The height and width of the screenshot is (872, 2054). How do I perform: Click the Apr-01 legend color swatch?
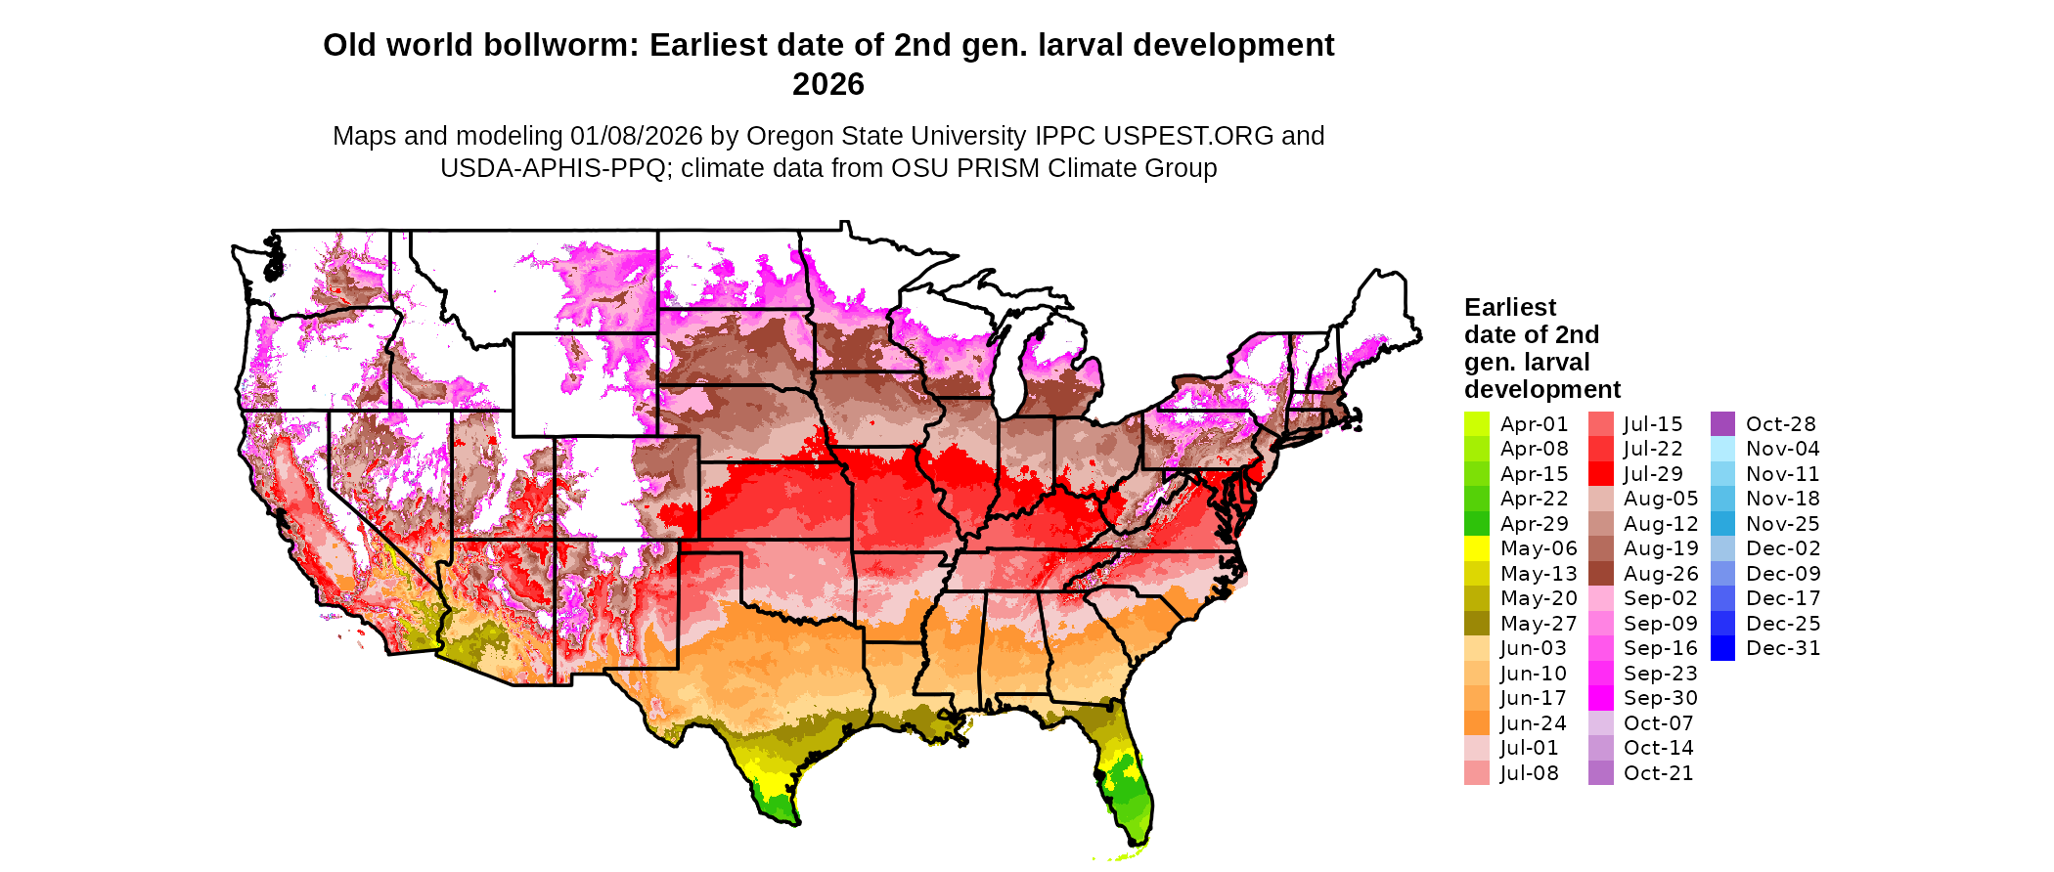pyautogui.click(x=1477, y=424)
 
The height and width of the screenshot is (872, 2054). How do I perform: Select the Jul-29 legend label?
pyautogui.click(x=1653, y=474)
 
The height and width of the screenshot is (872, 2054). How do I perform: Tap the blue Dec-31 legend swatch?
pyautogui.click(x=1722, y=648)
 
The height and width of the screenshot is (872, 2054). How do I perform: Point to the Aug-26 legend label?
pyautogui.click(x=1661, y=574)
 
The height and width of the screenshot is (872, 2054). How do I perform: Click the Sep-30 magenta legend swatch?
pyautogui.click(x=1600, y=698)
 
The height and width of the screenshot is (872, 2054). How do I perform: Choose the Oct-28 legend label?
pyautogui.click(x=1780, y=424)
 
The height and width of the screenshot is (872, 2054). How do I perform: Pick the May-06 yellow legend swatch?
pyautogui.click(x=1477, y=548)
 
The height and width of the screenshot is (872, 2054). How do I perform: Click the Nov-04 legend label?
pyautogui.click(x=1782, y=449)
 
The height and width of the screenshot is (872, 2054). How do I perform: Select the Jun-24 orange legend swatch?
pyautogui.click(x=1477, y=723)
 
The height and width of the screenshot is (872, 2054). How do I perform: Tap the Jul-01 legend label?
pyautogui.click(x=1529, y=748)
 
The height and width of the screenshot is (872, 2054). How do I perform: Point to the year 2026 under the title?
pyautogui.click(x=828, y=84)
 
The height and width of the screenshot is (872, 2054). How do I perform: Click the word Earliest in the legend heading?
pyautogui.click(x=1509, y=307)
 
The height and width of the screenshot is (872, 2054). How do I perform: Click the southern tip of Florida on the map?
pyautogui.click(x=1138, y=843)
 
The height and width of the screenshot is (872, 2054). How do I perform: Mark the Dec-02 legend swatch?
pyautogui.click(x=1722, y=548)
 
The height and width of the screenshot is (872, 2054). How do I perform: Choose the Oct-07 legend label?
pyautogui.click(x=1658, y=723)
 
